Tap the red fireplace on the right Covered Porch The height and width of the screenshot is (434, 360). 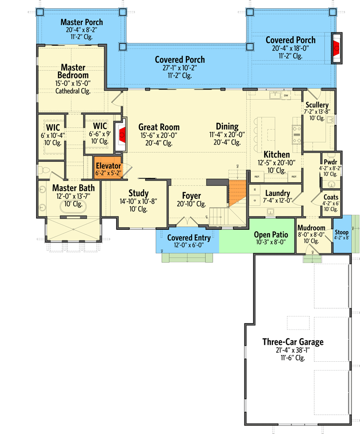336,48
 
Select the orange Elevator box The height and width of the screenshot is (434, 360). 108,169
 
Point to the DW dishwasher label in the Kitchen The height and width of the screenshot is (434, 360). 286,96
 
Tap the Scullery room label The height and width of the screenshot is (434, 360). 316,105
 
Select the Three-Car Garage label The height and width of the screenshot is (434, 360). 293,342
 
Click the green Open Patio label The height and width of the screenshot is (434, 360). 270,235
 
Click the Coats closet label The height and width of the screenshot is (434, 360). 331,197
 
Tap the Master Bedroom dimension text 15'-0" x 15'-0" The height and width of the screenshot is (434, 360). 73,83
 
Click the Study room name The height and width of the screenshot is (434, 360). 138,193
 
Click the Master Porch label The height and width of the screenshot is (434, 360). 81,22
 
